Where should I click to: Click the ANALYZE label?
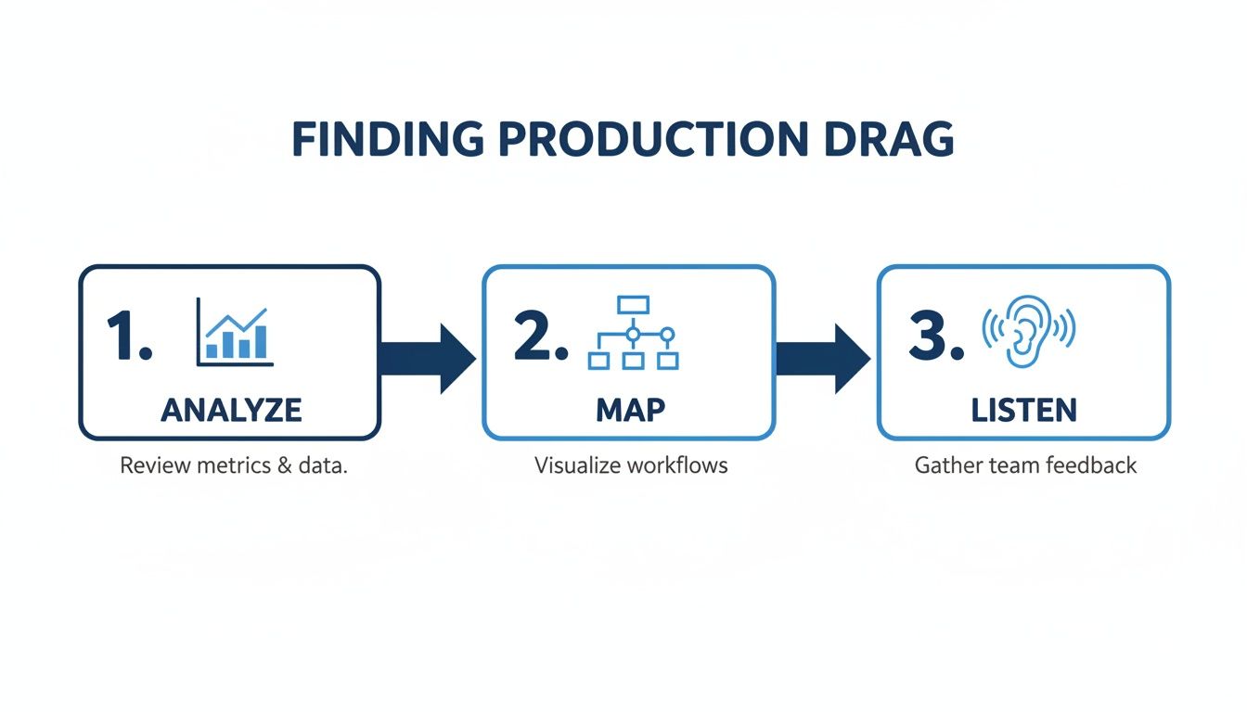pos(230,410)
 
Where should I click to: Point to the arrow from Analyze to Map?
pos(428,358)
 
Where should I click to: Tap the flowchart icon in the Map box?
pos(633,333)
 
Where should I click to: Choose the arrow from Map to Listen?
pos(822,358)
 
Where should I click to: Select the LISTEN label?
pos(1024,410)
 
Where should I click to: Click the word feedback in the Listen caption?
pos(1091,465)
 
